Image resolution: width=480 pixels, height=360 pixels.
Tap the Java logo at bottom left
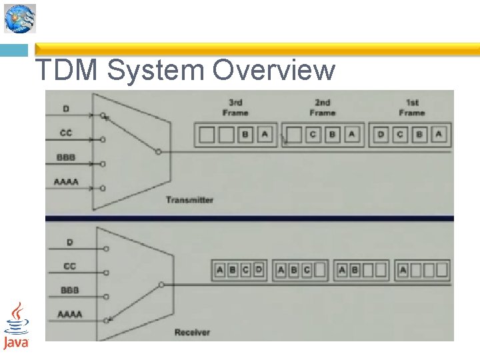coord(16,325)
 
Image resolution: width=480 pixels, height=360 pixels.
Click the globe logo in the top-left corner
coord(20,18)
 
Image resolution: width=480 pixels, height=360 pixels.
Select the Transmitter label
coord(189,200)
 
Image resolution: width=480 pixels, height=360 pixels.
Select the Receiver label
coord(192,331)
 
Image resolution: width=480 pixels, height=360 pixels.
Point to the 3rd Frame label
coord(235,107)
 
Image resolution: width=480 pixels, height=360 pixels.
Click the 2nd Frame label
coord(323,107)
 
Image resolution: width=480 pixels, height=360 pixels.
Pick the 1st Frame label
coord(412,107)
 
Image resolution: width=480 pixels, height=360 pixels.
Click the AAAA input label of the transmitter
coord(66,181)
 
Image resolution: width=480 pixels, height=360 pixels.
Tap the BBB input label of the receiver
coord(69,291)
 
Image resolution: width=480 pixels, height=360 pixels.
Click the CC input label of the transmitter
coord(66,133)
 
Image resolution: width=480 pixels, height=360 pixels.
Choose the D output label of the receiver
coord(69,243)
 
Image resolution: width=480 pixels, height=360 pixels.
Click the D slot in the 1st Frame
coord(381,135)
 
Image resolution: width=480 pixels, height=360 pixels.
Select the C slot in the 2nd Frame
coord(313,135)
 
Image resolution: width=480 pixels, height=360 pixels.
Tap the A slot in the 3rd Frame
coord(265,135)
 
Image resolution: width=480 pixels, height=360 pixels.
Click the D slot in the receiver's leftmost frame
coord(258,271)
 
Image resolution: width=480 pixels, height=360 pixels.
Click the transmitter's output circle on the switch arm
coord(157,152)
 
